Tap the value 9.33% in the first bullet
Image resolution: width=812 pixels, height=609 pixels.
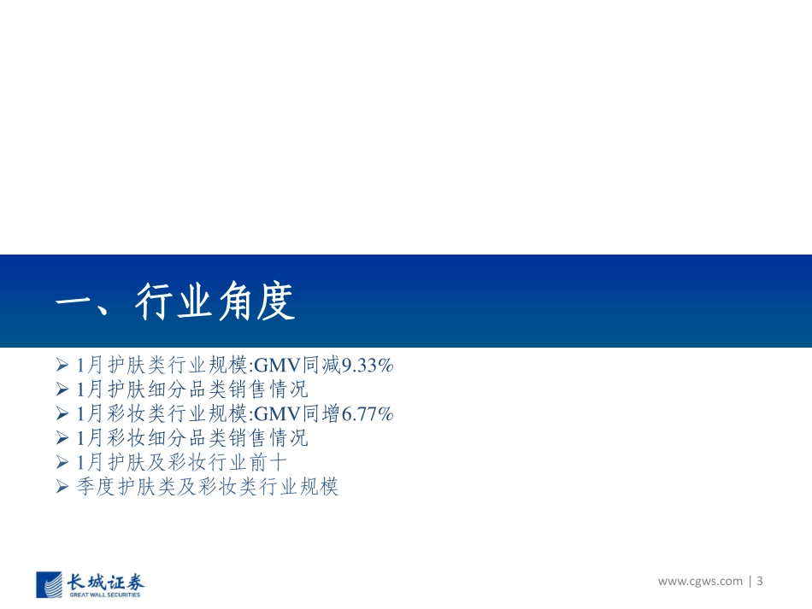[368, 366]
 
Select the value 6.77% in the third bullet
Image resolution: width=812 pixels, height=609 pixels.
[368, 414]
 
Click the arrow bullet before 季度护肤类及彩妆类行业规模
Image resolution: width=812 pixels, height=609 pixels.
[62, 488]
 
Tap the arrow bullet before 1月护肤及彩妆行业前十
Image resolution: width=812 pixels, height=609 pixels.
[62, 463]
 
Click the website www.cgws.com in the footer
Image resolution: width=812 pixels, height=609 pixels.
[700, 582]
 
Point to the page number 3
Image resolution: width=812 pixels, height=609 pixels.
[759, 582]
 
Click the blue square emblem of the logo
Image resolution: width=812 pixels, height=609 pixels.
[50, 583]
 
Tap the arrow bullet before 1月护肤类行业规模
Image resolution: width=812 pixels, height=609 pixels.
[62, 366]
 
